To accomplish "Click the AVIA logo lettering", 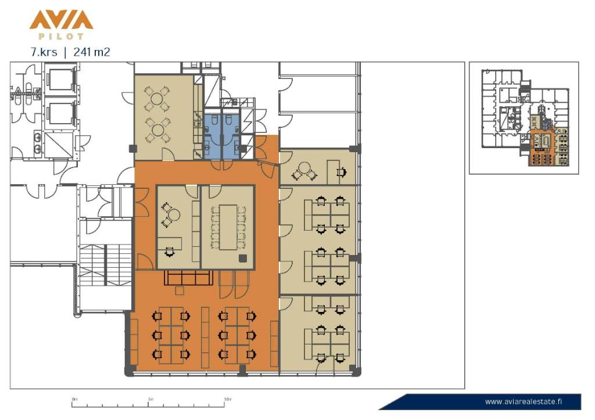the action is (x=61, y=20).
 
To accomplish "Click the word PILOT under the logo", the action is (x=61, y=37).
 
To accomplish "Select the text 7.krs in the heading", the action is (x=44, y=52).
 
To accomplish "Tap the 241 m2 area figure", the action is (x=92, y=52).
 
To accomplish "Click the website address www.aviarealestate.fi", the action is (x=524, y=402).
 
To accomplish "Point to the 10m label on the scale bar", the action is (x=228, y=399).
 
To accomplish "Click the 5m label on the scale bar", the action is (x=150, y=399).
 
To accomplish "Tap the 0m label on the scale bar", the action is (x=74, y=399).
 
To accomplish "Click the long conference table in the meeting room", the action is (x=228, y=227).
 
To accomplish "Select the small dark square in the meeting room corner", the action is (x=242, y=259).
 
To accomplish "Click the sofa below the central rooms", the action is (x=188, y=278).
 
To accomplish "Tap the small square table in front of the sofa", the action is (x=180, y=290).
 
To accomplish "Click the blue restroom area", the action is (x=221, y=137).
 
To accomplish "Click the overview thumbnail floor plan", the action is (x=525, y=117).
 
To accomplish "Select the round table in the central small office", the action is (x=174, y=215).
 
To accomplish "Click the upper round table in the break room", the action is (x=157, y=99).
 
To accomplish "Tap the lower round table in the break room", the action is (x=157, y=130).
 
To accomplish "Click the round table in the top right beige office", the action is (x=304, y=168).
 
